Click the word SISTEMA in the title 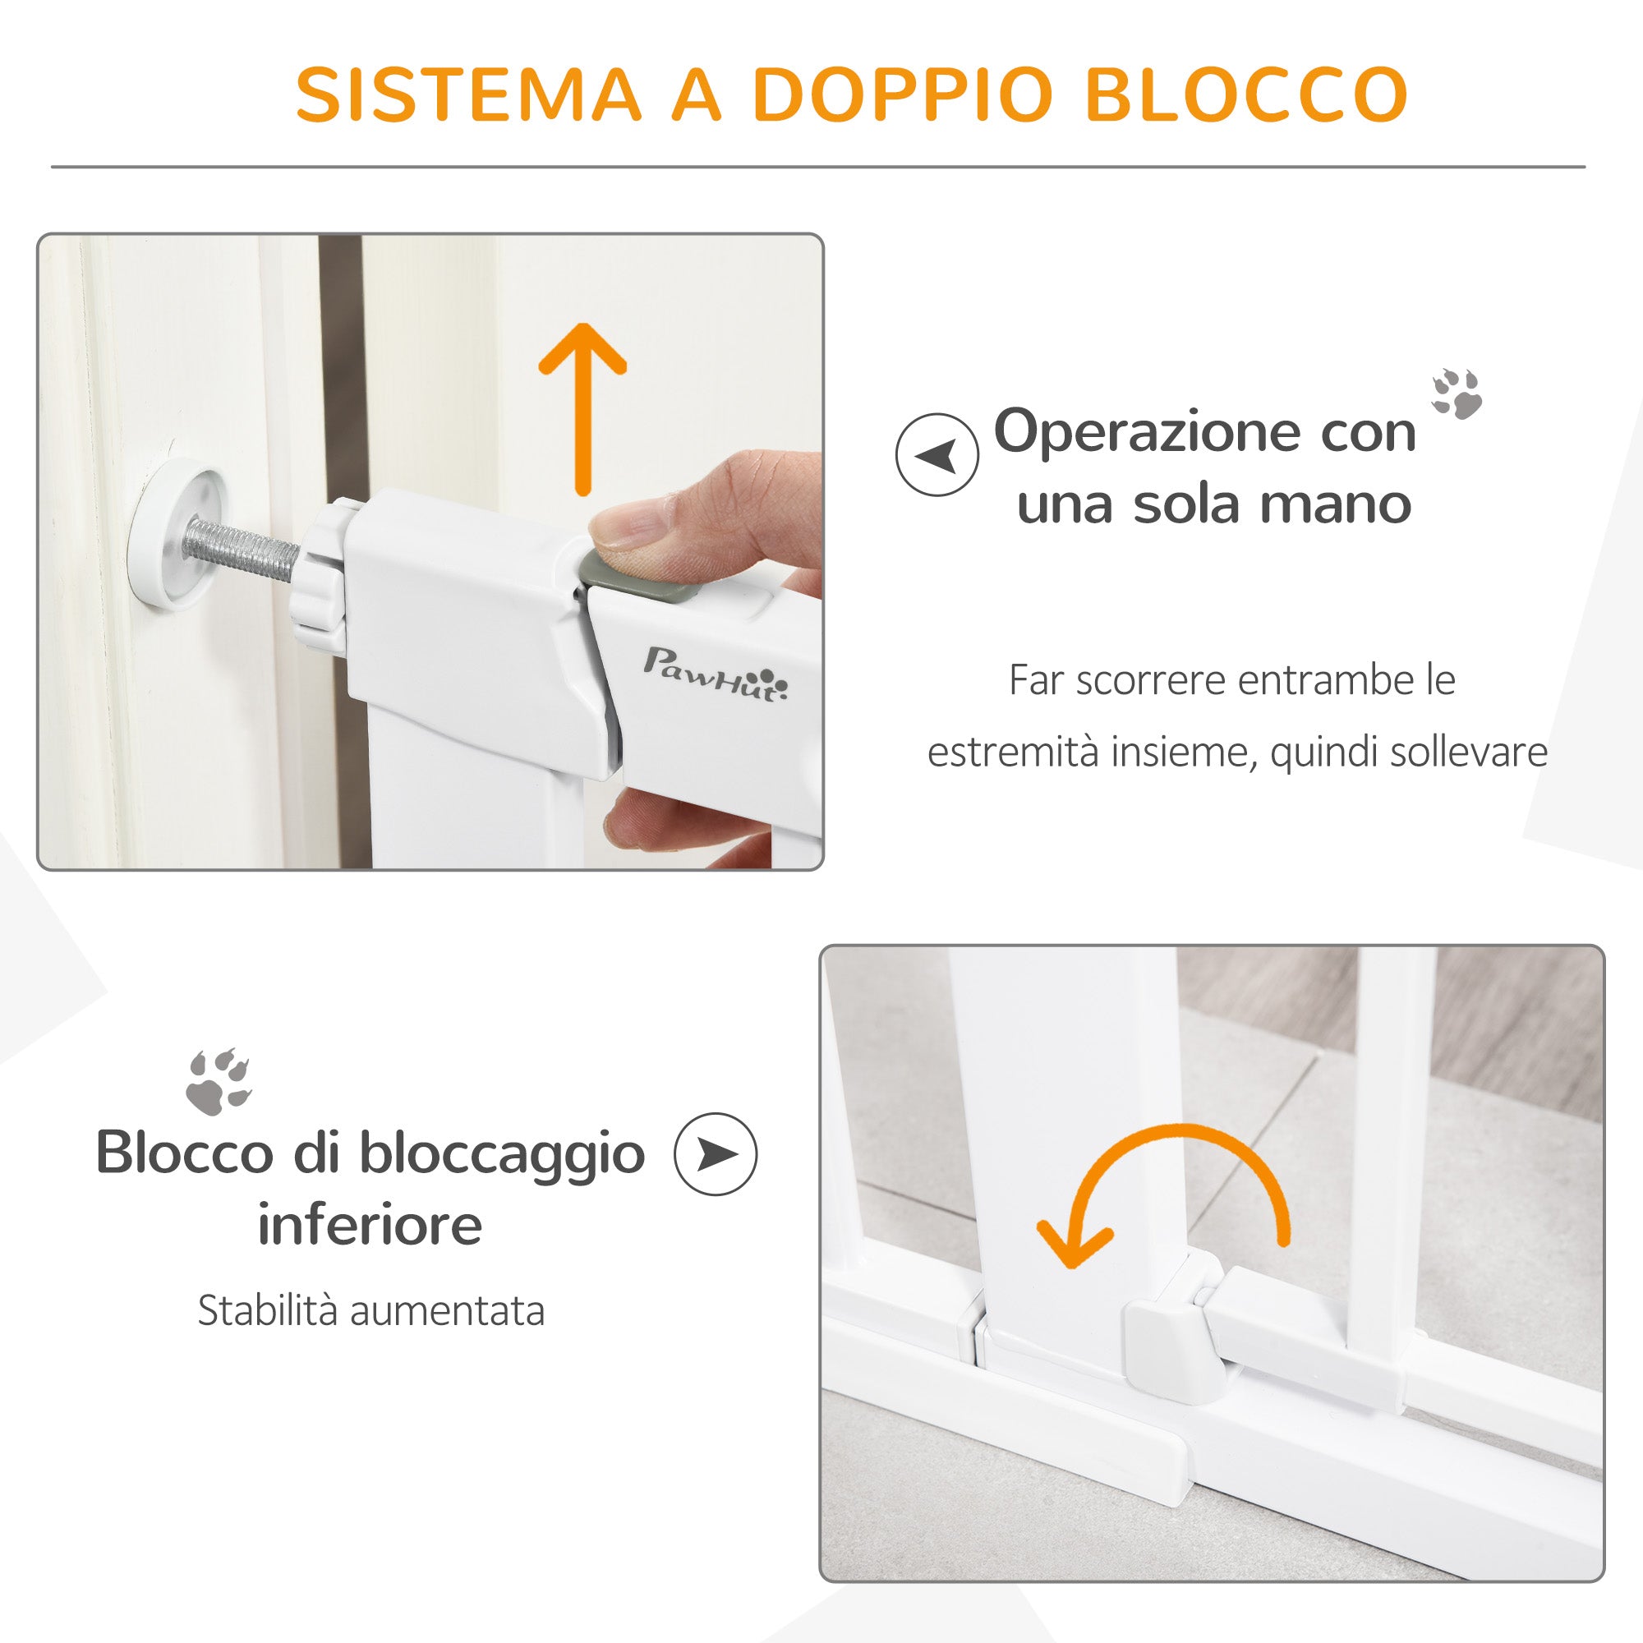467,94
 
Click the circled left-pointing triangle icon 937,455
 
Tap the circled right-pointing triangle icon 716,1154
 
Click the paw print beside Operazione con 1456,393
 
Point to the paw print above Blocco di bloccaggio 219,1081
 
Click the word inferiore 370,1225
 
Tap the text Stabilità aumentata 370,1310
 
